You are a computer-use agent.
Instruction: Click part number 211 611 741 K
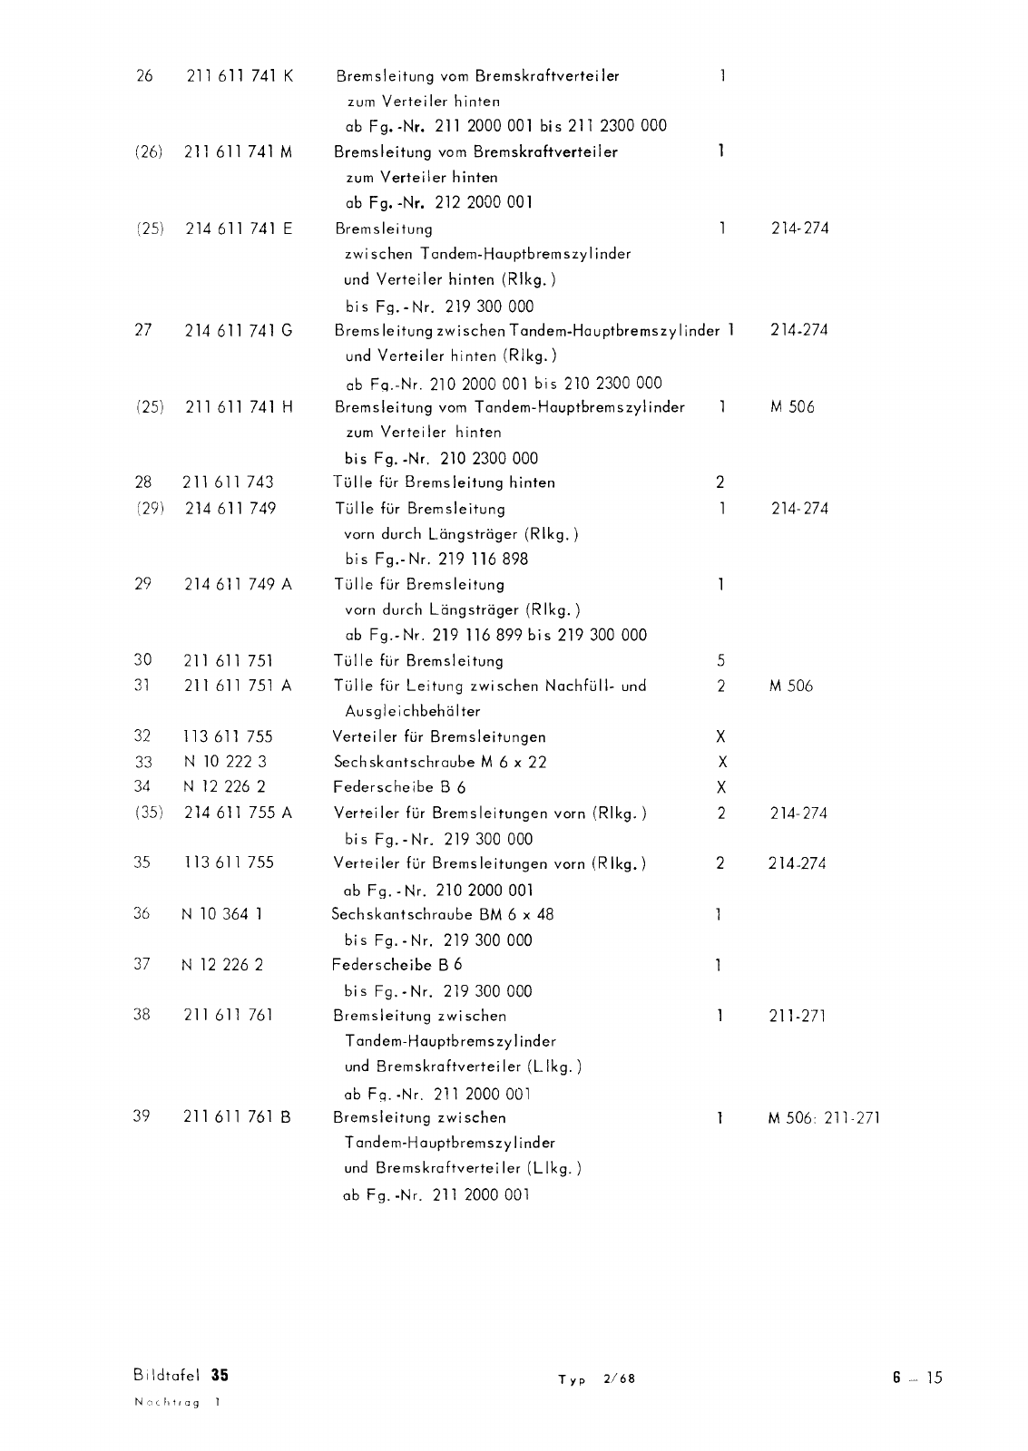240,76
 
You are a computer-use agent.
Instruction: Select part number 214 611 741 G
239,330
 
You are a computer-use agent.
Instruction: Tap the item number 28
142,482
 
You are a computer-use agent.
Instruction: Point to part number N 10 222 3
225,762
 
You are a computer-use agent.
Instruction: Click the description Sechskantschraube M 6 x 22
439,762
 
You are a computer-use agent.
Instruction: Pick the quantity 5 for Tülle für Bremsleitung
720,661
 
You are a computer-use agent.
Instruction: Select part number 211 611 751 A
238,686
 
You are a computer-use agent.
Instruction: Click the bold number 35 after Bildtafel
220,1375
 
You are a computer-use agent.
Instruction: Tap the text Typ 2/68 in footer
596,1379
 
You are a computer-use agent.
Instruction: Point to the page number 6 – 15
916,1378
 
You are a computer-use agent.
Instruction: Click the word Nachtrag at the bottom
168,1402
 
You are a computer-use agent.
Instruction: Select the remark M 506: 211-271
824,1118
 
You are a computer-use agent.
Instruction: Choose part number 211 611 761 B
237,1117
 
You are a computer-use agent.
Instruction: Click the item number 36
142,914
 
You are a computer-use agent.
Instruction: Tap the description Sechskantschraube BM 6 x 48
442,914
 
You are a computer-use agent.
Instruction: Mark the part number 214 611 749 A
238,585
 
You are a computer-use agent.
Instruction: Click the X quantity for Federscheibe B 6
721,787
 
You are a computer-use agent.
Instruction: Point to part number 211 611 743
228,482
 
